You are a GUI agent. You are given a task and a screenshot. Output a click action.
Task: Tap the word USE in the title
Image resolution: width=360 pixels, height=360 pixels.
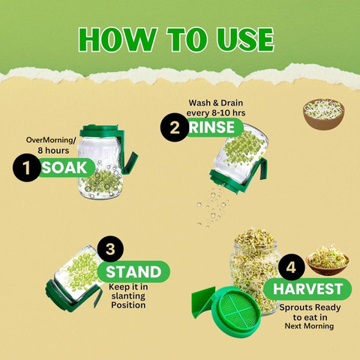245,40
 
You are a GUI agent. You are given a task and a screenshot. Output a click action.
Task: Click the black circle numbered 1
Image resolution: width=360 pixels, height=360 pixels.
26,167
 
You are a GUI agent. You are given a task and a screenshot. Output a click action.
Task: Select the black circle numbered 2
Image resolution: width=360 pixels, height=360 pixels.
175,127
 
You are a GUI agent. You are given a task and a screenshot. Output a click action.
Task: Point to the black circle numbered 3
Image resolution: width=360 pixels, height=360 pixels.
110,249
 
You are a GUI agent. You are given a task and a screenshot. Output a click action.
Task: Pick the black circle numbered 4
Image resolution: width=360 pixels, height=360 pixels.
291,267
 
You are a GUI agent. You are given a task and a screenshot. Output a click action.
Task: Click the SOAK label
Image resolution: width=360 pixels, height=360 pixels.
65,168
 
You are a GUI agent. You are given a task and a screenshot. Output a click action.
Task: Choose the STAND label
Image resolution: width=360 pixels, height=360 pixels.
133,271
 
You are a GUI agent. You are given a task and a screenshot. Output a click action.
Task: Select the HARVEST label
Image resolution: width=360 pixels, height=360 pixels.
308,289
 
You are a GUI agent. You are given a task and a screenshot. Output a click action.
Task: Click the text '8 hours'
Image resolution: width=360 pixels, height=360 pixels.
53,151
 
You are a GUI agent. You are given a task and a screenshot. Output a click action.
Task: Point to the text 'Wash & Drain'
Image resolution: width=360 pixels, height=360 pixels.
216,103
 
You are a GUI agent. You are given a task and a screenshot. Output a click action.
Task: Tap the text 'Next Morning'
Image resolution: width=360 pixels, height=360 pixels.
309,326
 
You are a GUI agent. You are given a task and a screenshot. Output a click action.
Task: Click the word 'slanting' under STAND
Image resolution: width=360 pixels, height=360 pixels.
128,296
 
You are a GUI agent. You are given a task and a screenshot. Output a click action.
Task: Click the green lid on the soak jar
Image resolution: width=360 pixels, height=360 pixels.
100,130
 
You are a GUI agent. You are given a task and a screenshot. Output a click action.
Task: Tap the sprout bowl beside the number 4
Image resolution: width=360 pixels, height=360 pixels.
328,260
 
